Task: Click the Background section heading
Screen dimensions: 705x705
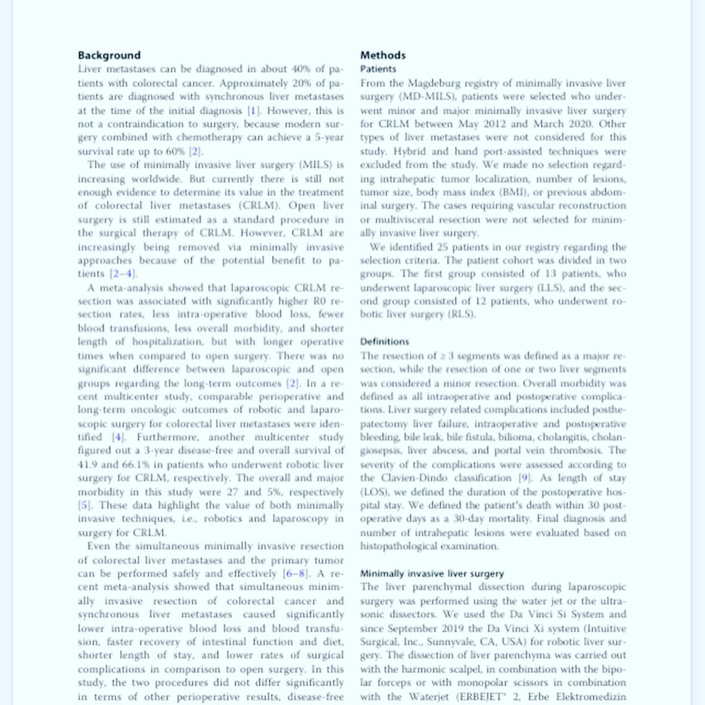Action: click(x=109, y=55)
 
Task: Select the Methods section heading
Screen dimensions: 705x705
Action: click(x=382, y=55)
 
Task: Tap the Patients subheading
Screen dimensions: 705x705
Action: click(x=378, y=69)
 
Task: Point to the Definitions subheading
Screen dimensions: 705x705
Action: click(x=384, y=341)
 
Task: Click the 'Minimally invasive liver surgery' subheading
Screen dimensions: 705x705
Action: click(x=432, y=573)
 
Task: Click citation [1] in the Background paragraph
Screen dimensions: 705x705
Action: click(x=253, y=110)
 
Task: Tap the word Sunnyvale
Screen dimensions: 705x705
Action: click(x=440, y=642)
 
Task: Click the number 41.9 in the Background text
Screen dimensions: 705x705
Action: click(x=88, y=464)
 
